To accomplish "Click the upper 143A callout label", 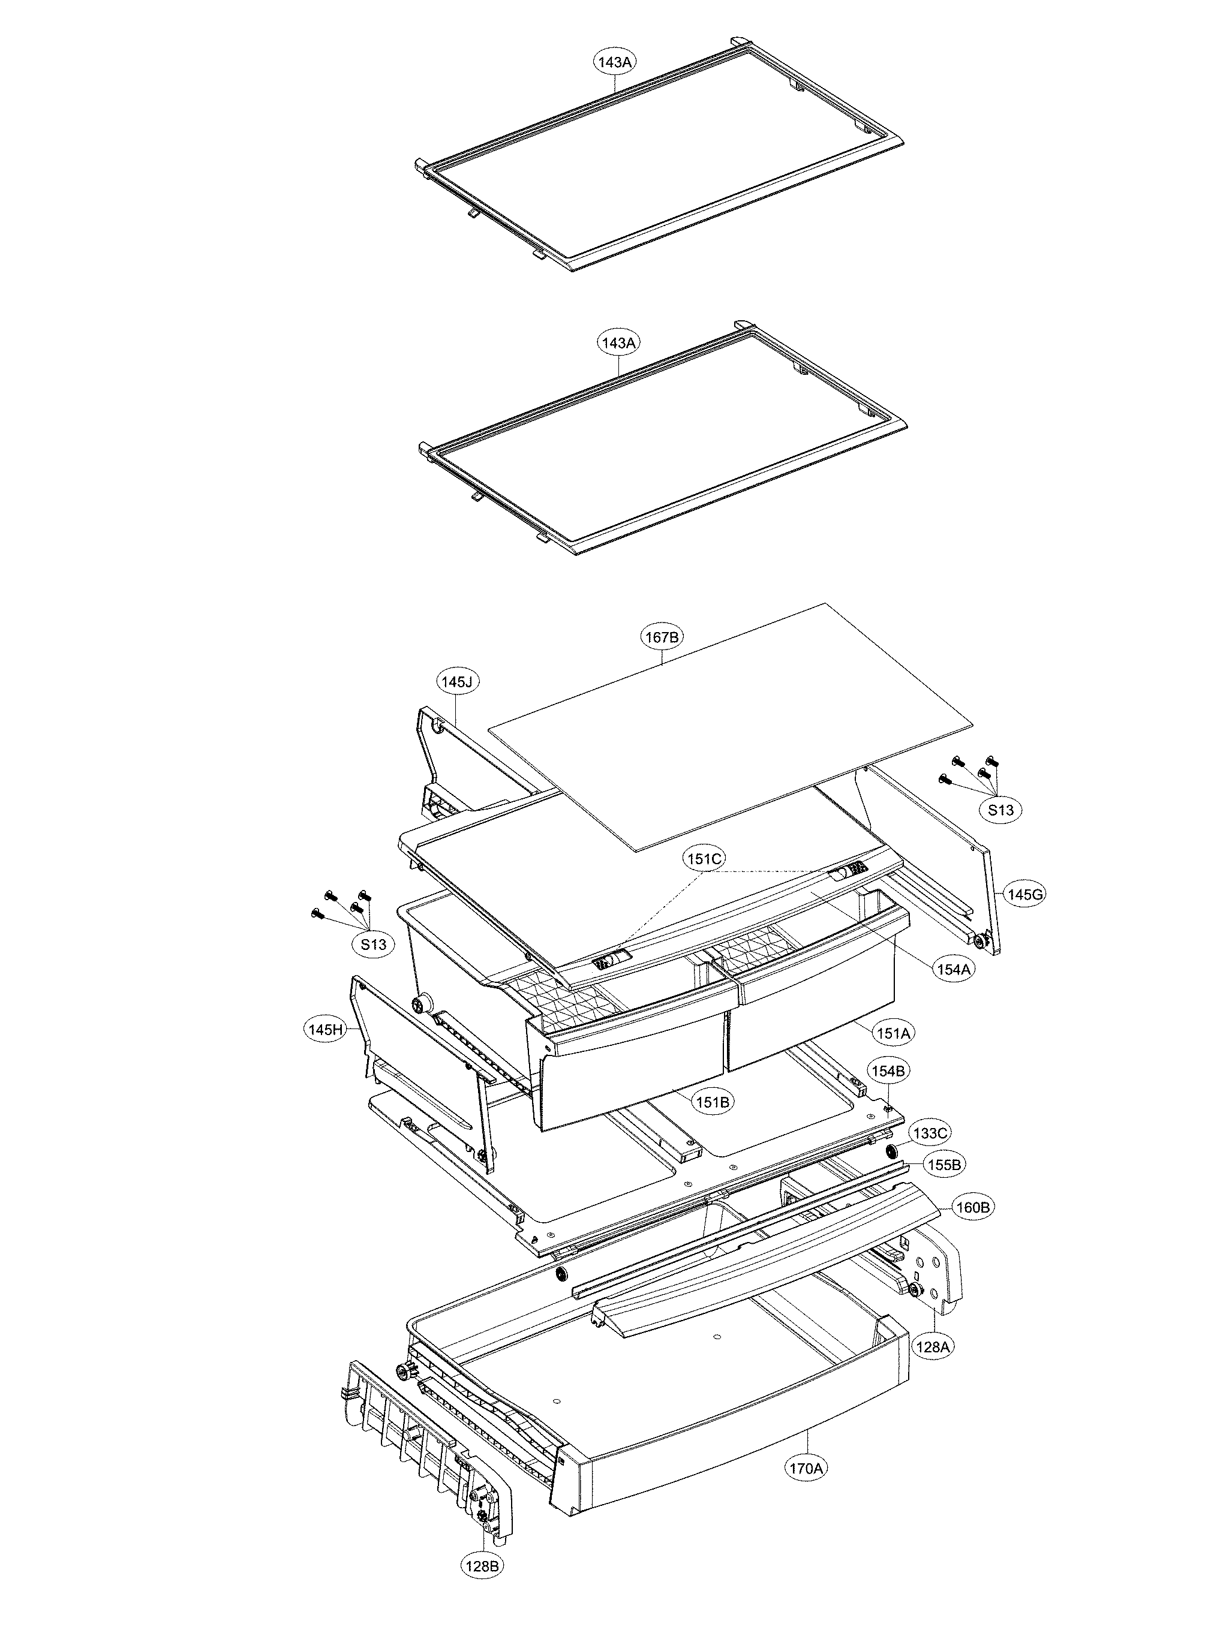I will pos(614,62).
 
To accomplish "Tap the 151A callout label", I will pos(894,1033).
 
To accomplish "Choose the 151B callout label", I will pos(712,1102).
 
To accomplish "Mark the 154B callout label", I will pos(888,1072).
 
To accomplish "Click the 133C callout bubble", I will pos(930,1133).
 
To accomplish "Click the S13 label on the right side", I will pos(1000,810).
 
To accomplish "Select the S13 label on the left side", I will pos(373,945).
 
